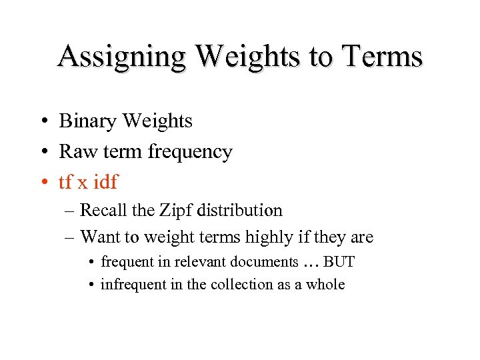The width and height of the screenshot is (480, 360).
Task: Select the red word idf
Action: (x=104, y=181)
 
